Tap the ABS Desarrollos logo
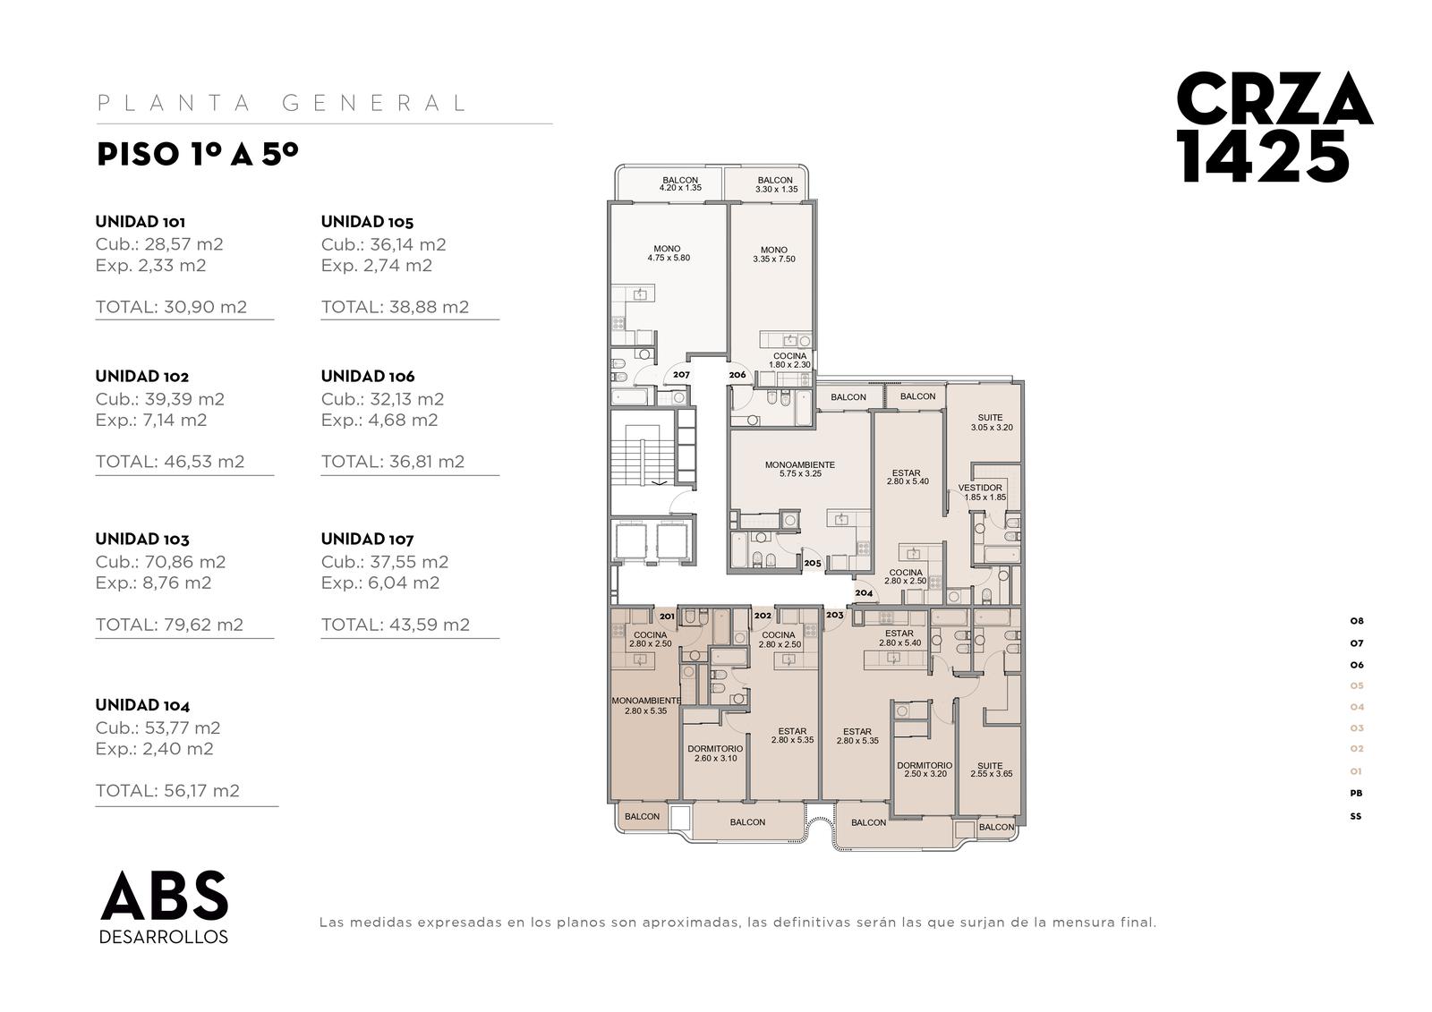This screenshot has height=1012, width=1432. [x=165, y=906]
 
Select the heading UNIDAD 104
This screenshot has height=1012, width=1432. [x=142, y=705]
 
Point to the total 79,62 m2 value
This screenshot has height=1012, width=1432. [x=169, y=625]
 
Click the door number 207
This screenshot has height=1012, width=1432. [x=681, y=375]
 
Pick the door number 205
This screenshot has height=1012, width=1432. [x=813, y=563]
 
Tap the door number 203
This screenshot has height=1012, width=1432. [x=834, y=615]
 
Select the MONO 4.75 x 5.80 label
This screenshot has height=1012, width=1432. [x=668, y=253]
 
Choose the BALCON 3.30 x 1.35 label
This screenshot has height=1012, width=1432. [x=776, y=184]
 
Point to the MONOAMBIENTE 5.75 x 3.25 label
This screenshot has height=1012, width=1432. [x=800, y=469]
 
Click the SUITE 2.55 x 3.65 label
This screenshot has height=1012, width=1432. [x=991, y=770]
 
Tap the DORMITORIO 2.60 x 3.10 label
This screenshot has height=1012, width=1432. [x=715, y=753]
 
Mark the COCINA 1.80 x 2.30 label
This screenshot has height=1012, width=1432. [x=789, y=361]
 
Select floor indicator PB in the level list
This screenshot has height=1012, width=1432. [x=1356, y=794]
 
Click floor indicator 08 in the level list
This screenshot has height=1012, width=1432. [x=1357, y=621]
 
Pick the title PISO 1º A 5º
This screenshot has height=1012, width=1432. [x=198, y=154]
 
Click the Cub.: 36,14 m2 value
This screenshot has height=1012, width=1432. [x=384, y=244]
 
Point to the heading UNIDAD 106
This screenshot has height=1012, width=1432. [x=368, y=376]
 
